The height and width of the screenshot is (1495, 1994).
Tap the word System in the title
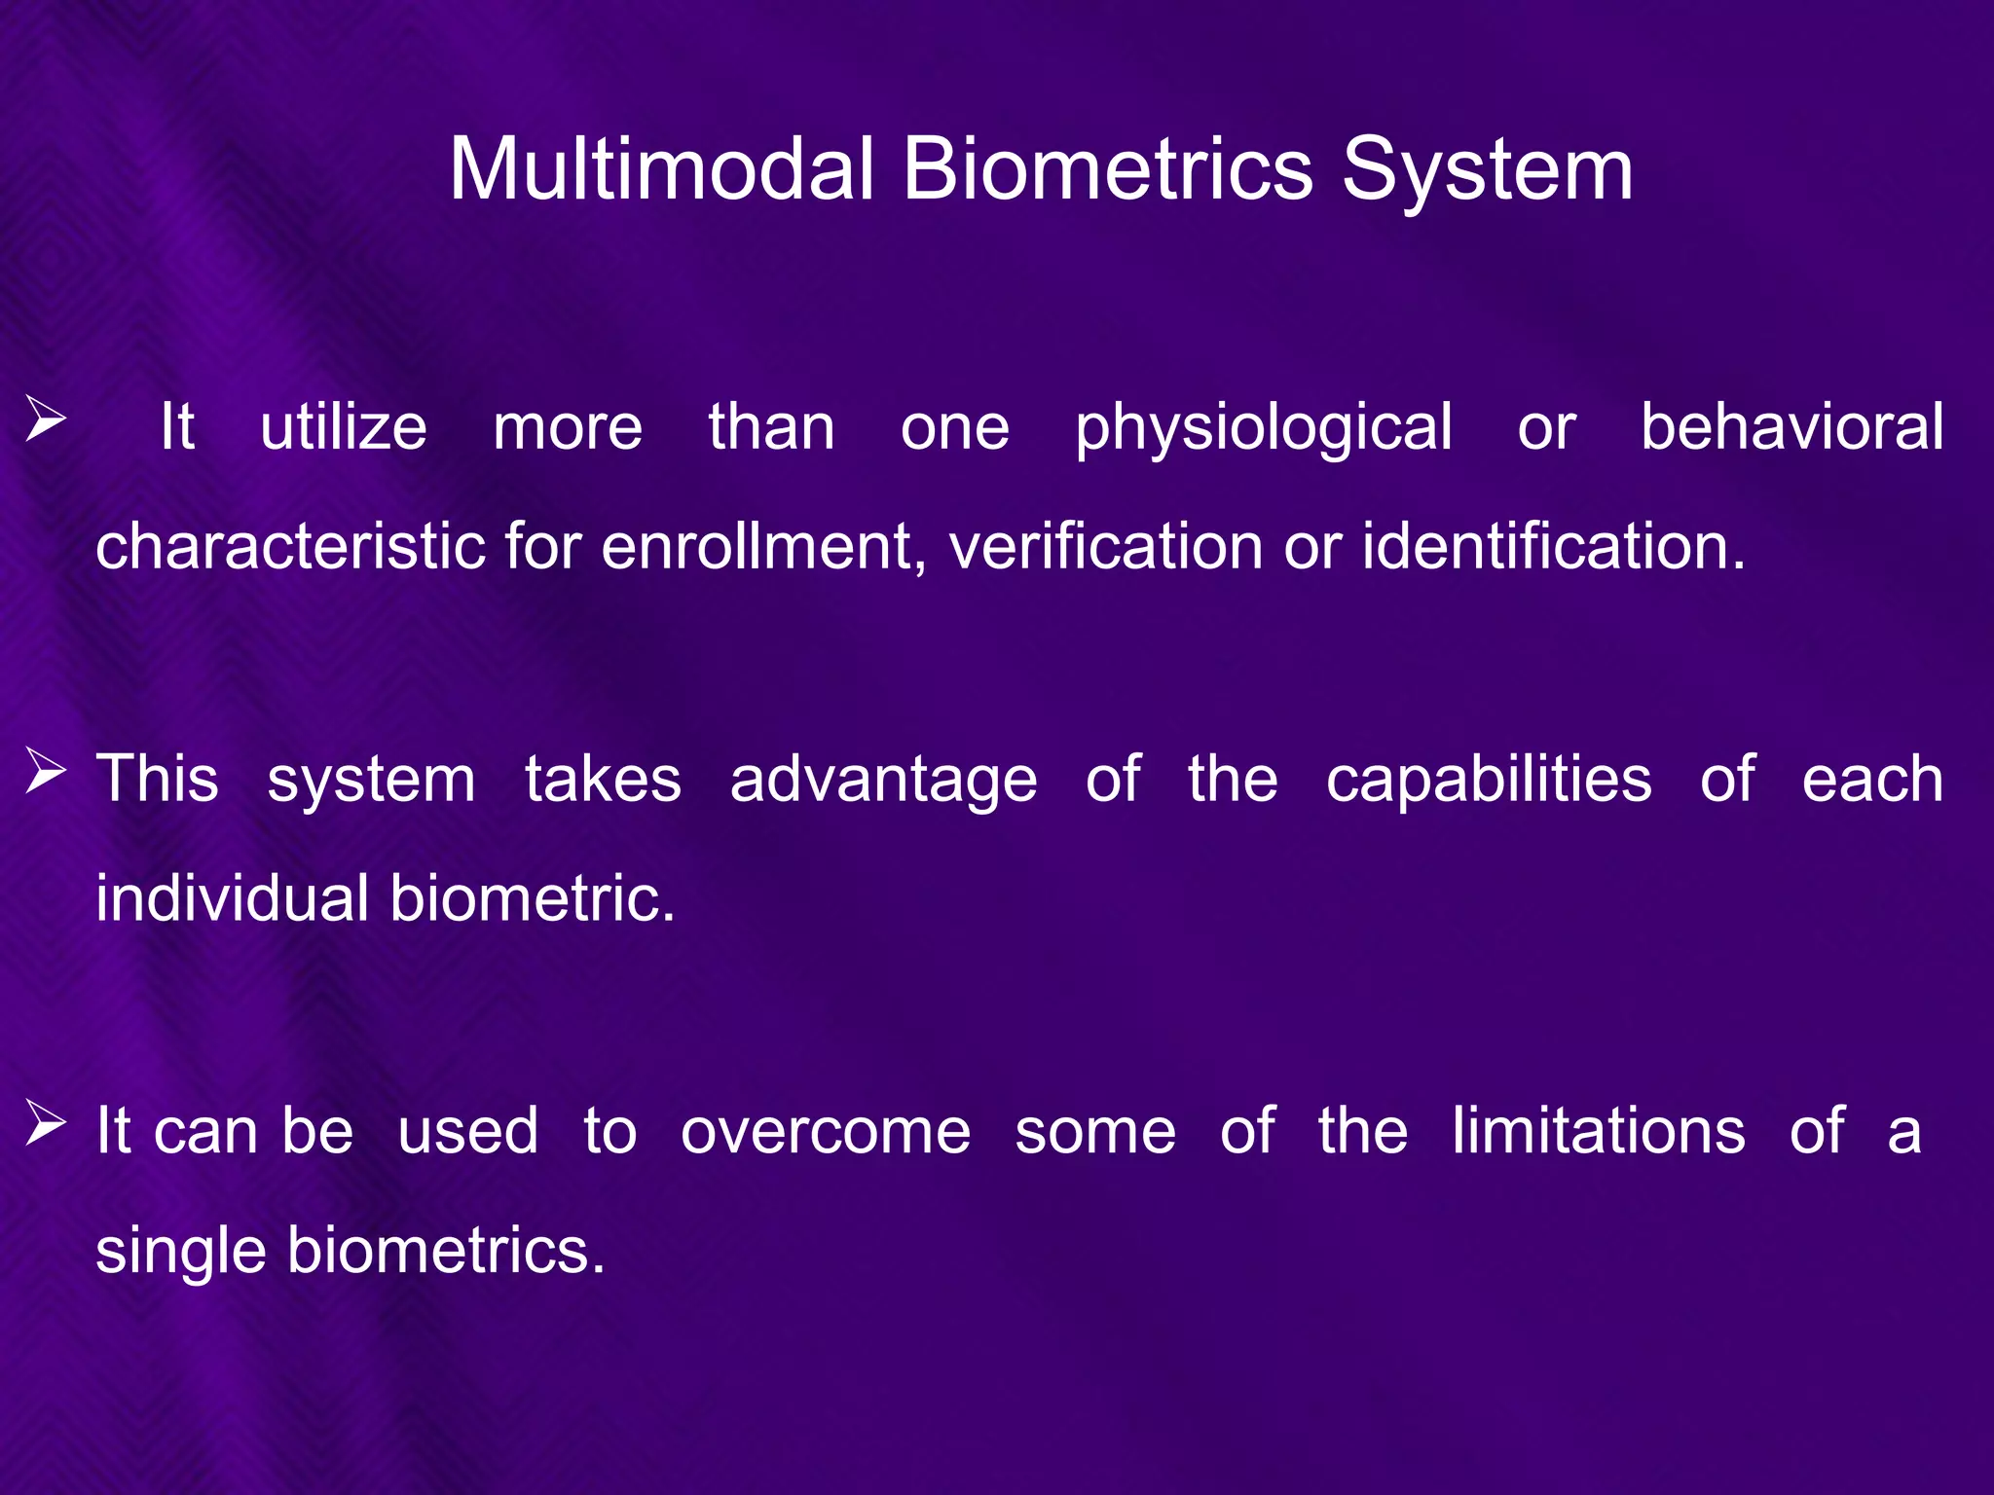1488,171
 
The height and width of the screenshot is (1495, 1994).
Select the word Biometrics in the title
1107,169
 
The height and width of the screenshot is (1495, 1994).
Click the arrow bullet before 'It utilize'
46,421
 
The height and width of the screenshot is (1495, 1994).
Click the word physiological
1263,428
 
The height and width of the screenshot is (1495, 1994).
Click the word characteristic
290,546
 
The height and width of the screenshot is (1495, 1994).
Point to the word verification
1106,546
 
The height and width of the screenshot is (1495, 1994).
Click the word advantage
883,782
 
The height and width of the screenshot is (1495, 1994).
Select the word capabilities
1488,782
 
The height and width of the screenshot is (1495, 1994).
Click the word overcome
825,1132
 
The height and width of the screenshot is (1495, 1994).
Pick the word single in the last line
181,1252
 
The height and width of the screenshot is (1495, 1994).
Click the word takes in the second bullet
603,780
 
